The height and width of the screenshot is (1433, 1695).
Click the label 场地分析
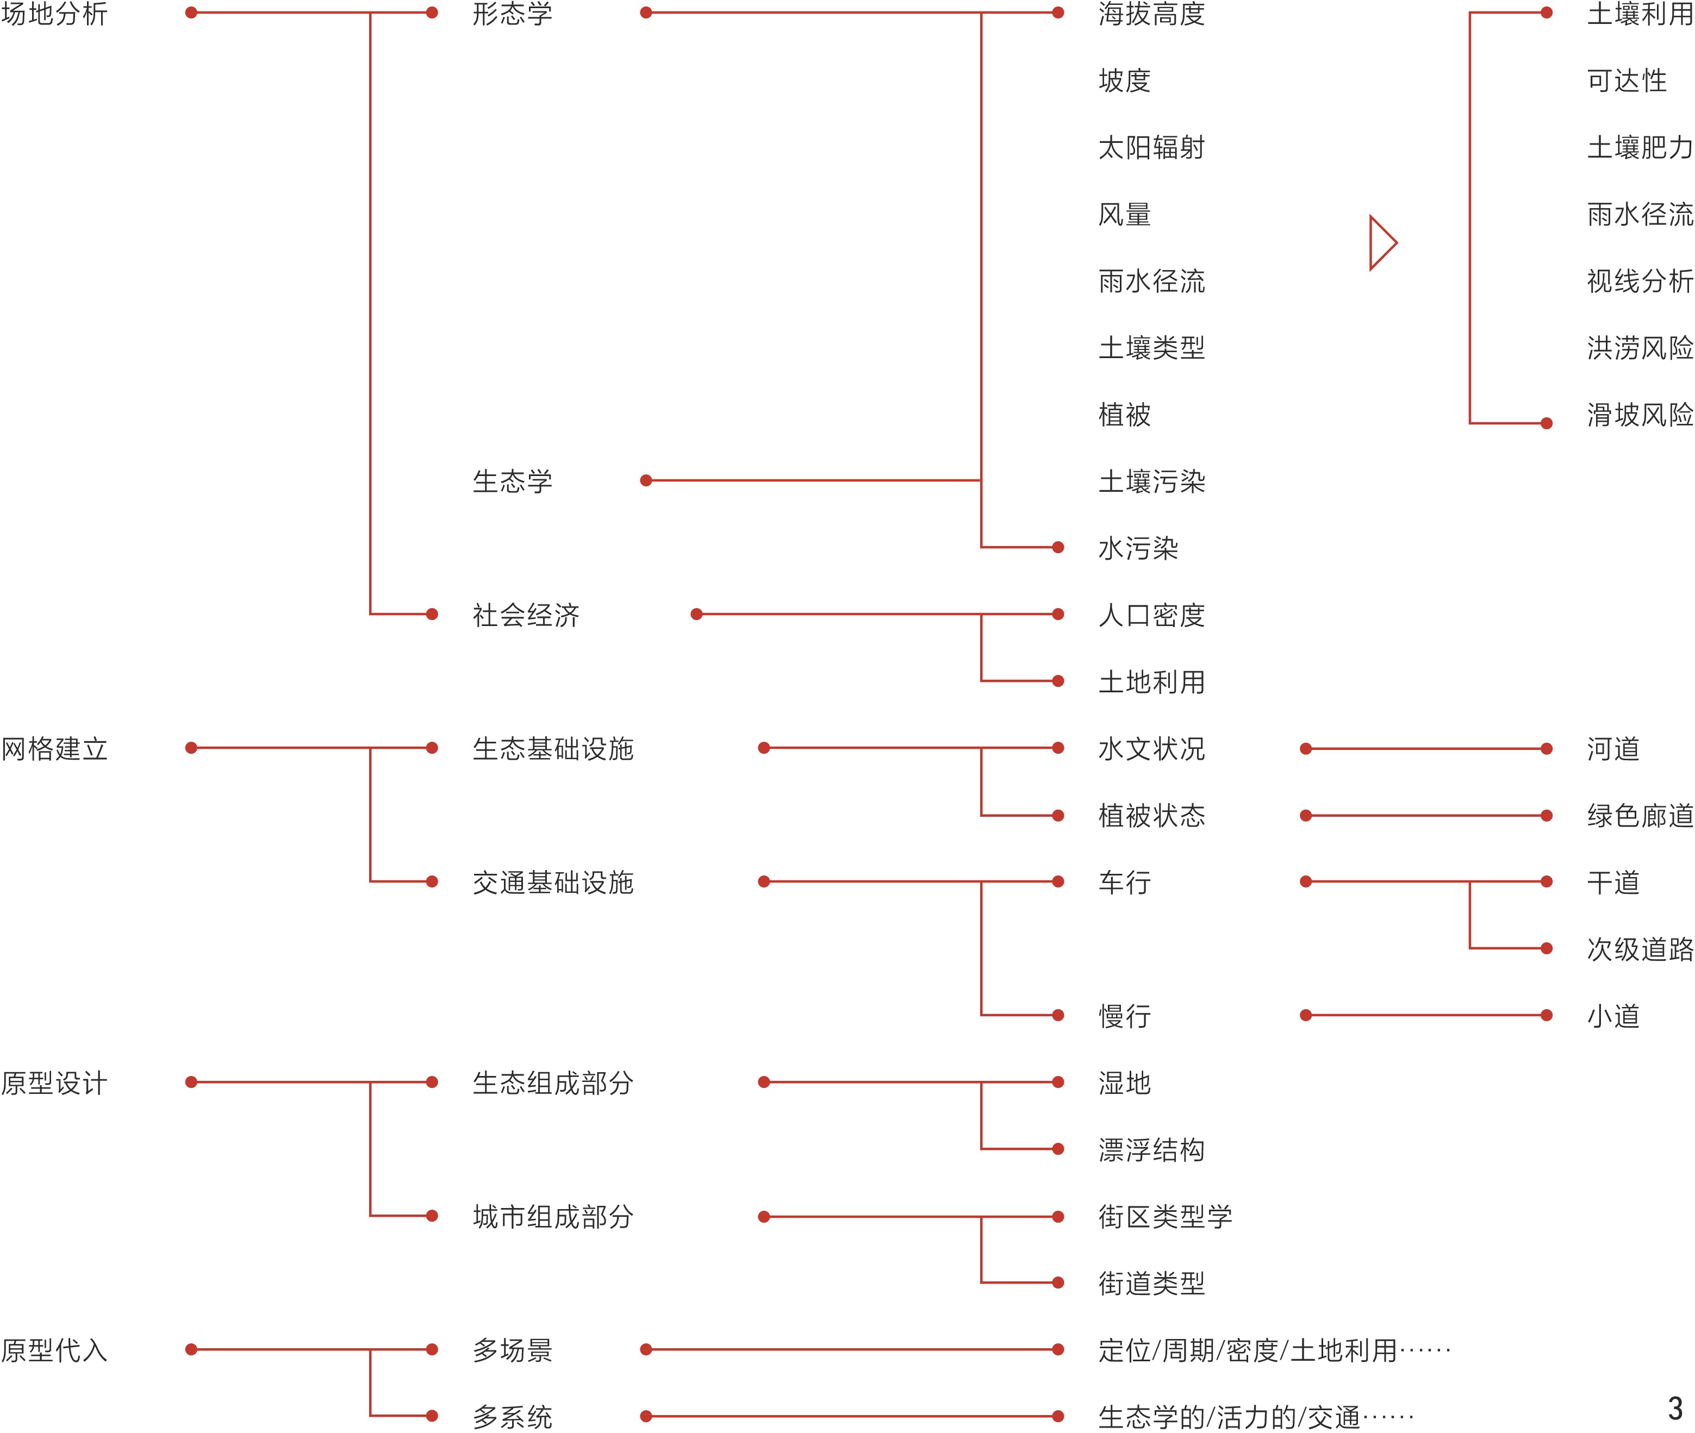click(54, 14)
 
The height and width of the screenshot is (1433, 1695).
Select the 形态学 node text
click(513, 14)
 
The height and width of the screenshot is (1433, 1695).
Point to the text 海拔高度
click(1151, 14)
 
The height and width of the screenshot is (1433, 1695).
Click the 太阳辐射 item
click(1151, 148)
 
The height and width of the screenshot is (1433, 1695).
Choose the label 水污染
click(1138, 548)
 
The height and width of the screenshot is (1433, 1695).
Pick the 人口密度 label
click(1151, 615)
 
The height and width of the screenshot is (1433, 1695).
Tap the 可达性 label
click(1627, 80)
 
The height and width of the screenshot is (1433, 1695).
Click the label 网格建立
click(54, 748)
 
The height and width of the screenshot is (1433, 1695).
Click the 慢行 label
click(1125, 1016)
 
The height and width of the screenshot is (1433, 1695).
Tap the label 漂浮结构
click(1151, 1149)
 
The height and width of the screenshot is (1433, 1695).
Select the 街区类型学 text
click(1165, 1216)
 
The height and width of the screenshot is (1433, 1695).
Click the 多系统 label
click(513, 1417)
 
